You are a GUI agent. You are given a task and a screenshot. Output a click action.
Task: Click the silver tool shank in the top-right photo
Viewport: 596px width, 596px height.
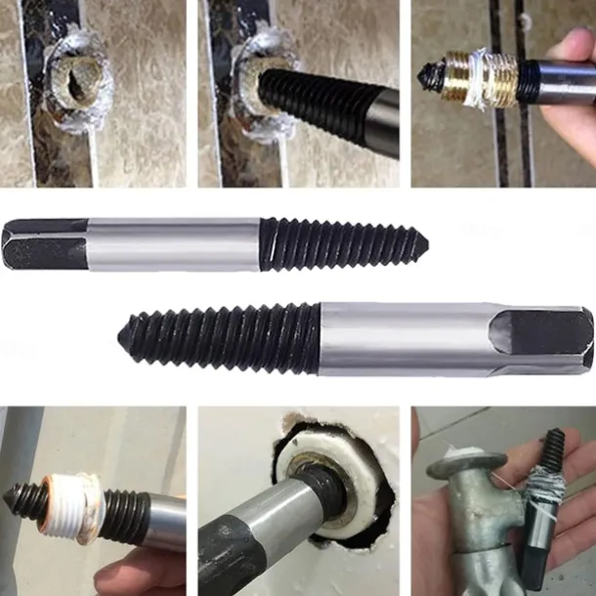point(557,81)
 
